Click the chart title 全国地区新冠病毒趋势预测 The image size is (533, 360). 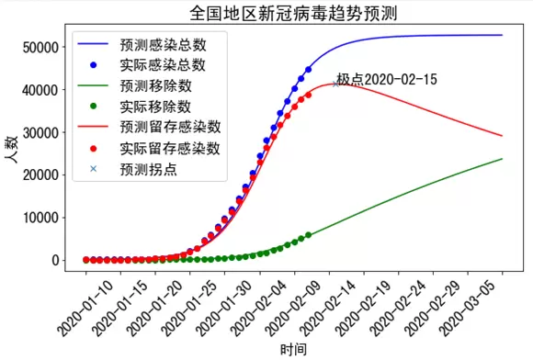pyautogui.click(x=293, y=13)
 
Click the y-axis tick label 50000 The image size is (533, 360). pyautogui.click(x=40, y=47)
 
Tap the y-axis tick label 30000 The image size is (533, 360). pyautogui.click(x=40, y=132)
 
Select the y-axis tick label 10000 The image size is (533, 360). pyautogui.click(x=40, y=218)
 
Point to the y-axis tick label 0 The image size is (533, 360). pyautogui.click(x=56, y=261)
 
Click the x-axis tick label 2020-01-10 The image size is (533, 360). pyautogui.click(x=84, y=309)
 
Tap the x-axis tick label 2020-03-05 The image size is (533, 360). pyautogui.click(x=466, y=309)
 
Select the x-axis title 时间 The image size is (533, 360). pyautogui.click(x=293, y=350)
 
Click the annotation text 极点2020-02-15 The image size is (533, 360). pyautogui.click(x=387, y=79)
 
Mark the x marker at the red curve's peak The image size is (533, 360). pyautogui.click(x=335, y=84)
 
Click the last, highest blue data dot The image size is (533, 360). pyautogui.click(x=308, y=70)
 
